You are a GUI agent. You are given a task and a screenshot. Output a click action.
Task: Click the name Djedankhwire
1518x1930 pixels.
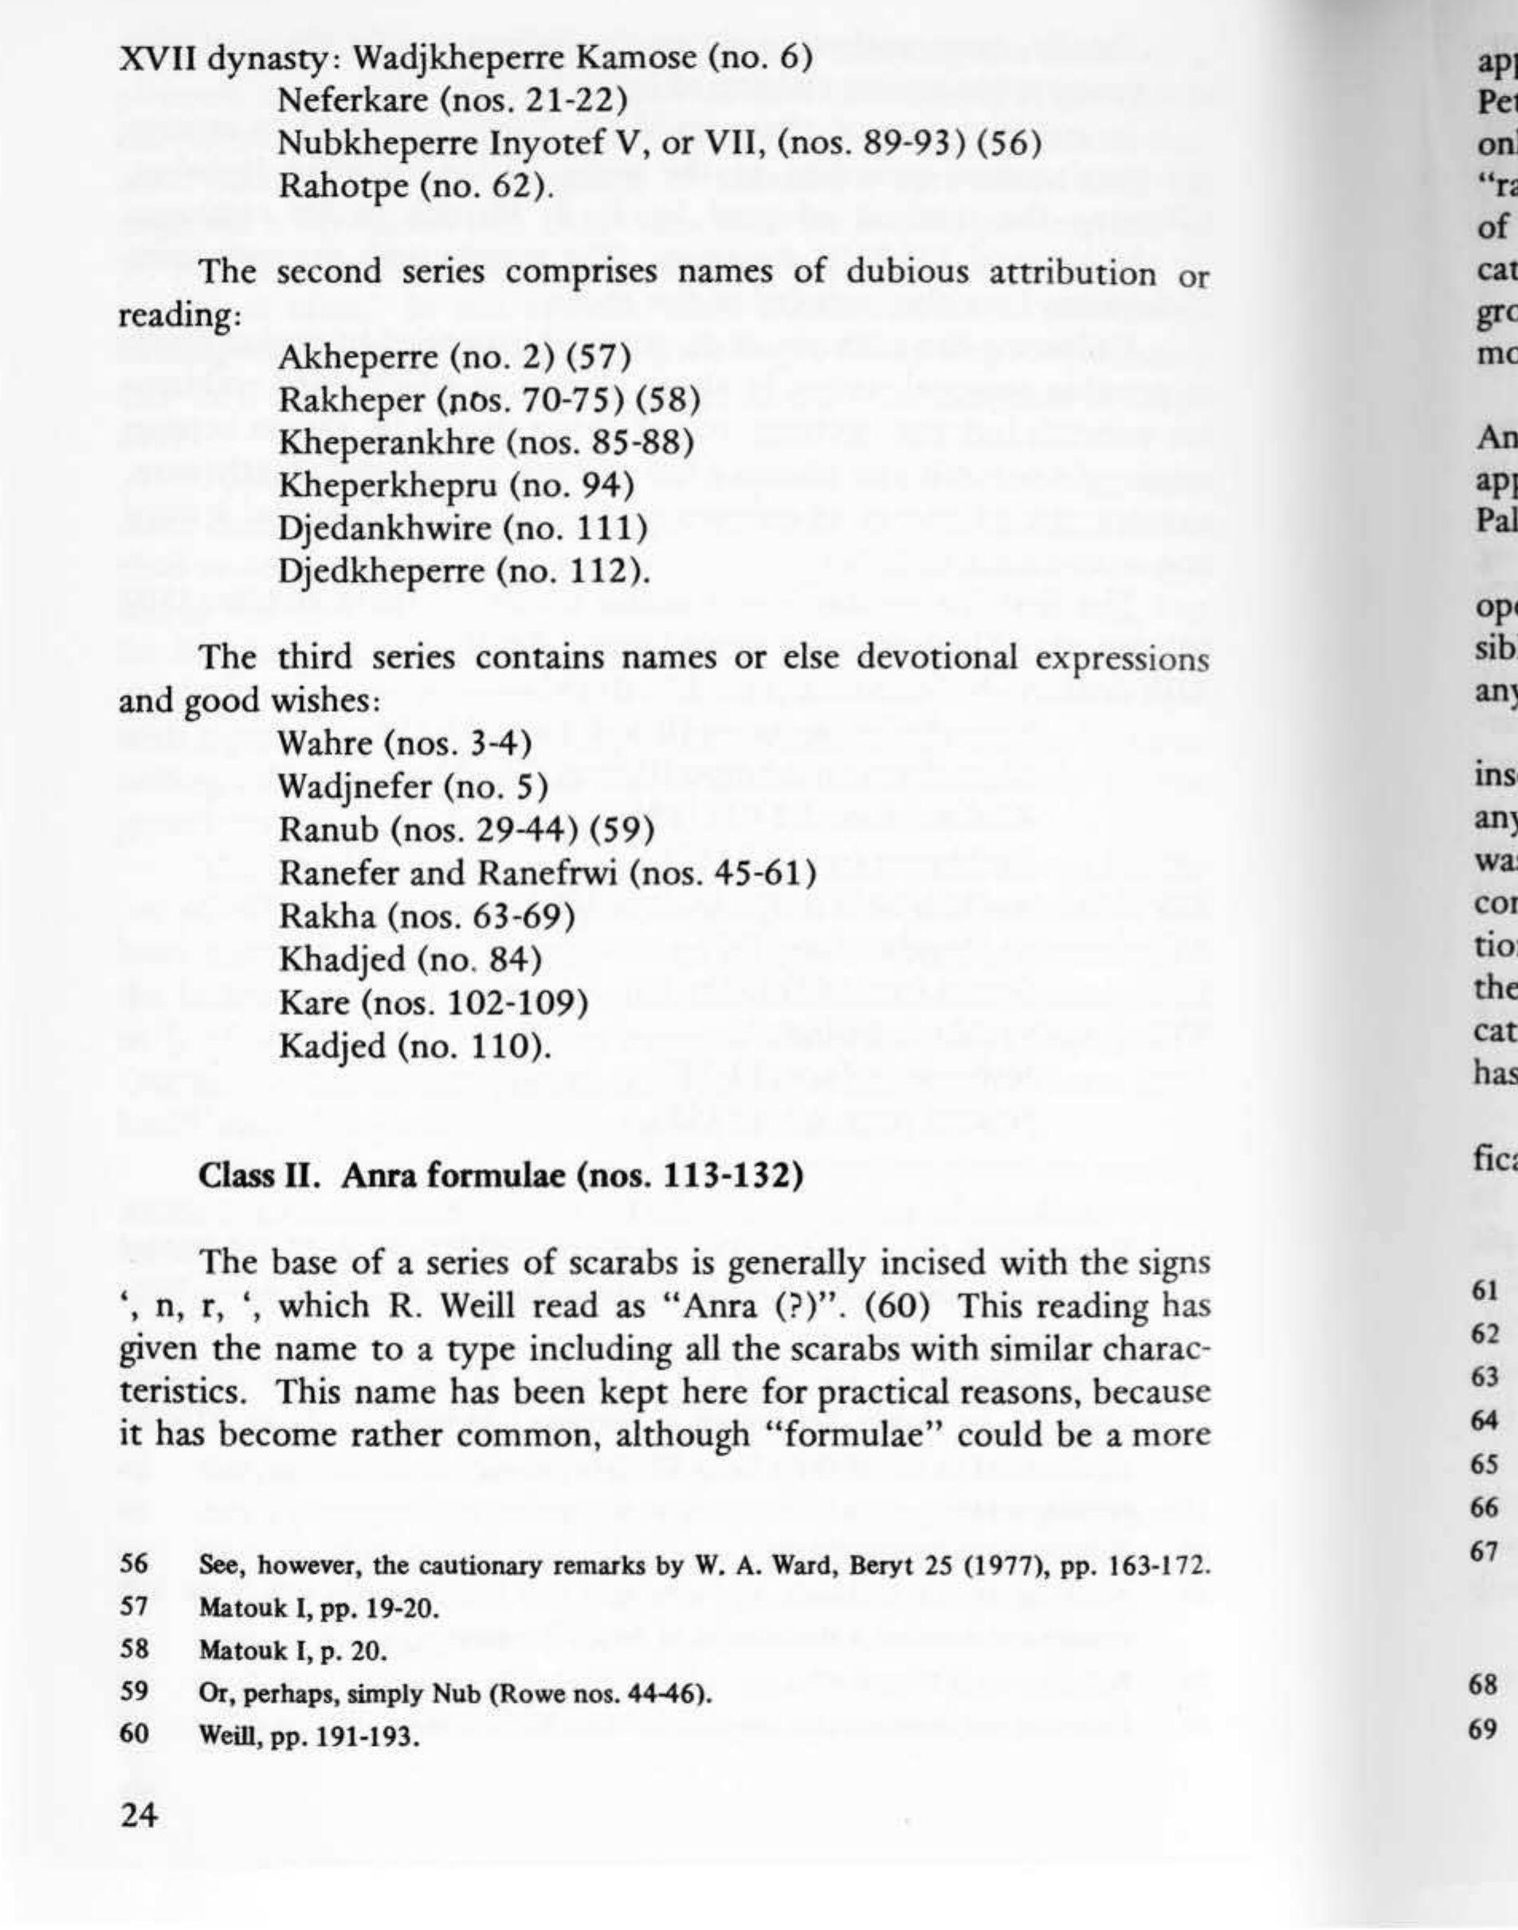[384, 528]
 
